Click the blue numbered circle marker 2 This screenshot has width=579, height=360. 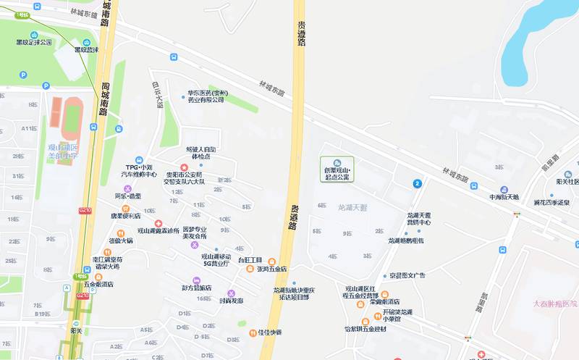[x=418, y=184]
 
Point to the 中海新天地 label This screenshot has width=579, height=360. [x=504, y=196]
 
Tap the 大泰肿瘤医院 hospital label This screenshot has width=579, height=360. [x=555, y=304]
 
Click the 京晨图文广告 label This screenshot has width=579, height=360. [x=407, y=275]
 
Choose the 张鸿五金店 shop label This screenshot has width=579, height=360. [x=271, y=269]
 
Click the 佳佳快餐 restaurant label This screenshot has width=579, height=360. [x=269, y=332]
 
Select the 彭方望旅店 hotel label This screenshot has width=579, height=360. [x=196, y=288]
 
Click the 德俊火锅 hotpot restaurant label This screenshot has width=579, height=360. [x=120, y=240]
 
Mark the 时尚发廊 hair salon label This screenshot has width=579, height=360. [x=231, y=300]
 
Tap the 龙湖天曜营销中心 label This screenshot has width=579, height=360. [x=418, y=219]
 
